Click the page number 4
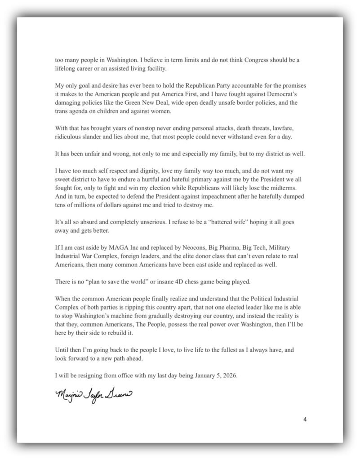click(x=305, y=420)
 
